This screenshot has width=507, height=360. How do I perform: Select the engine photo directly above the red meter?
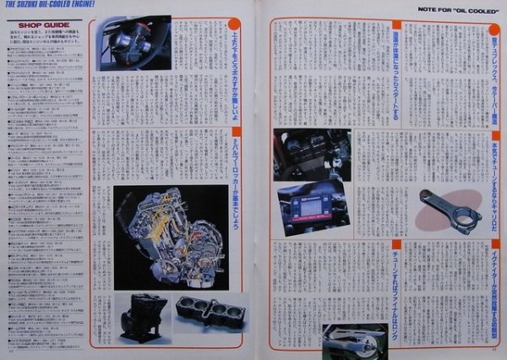coord(310,154)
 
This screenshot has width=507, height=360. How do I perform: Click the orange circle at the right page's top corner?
coord(493,31)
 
